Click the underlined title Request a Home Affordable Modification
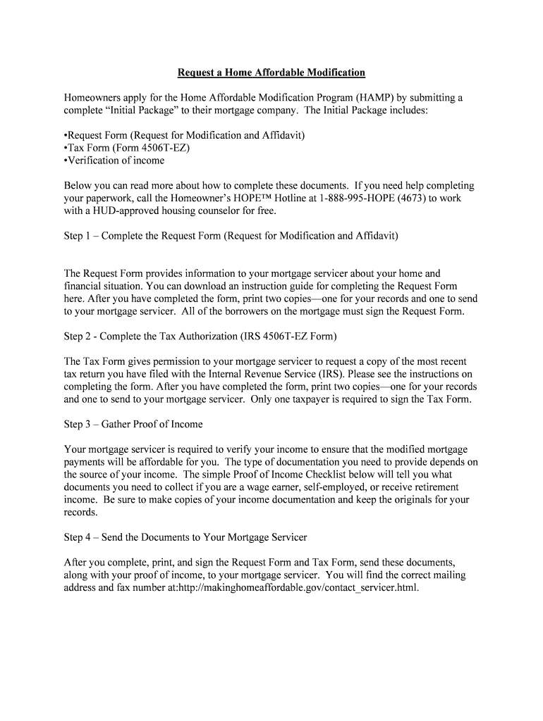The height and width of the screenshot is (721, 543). click(271, 73)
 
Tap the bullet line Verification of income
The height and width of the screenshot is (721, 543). click(114, 161)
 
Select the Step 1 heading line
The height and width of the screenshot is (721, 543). click(231, 236)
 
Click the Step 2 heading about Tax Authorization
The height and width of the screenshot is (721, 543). click(200, 336)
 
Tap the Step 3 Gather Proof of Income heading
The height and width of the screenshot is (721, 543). click(133, 424)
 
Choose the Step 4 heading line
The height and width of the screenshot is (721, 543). click(185, 537)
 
